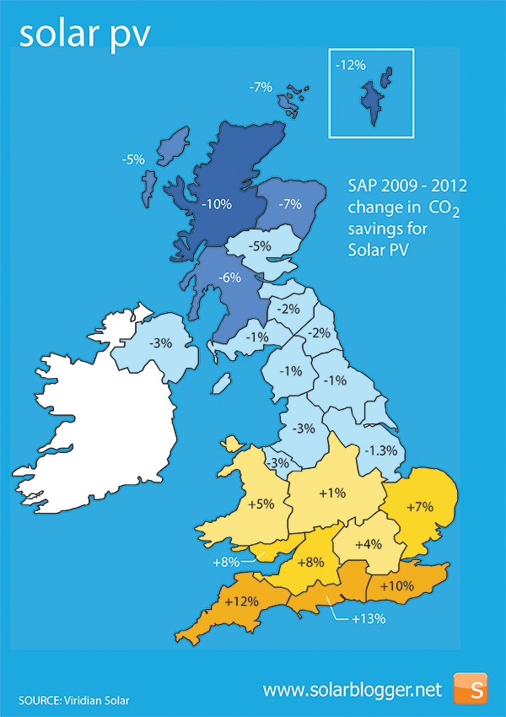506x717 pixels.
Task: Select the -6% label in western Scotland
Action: tap(229, 277)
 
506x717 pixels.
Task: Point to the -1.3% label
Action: tap(380, 450)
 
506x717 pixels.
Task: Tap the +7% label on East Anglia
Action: tap(419, 507)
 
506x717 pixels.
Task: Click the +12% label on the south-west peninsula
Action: tap(240, 601)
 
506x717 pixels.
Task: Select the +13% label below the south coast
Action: tap(369, 618)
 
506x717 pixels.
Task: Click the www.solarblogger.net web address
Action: tap(352, 689)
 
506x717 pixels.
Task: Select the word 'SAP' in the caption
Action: tap(364, 185)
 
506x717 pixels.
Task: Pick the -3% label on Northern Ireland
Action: tap(160, 343)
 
